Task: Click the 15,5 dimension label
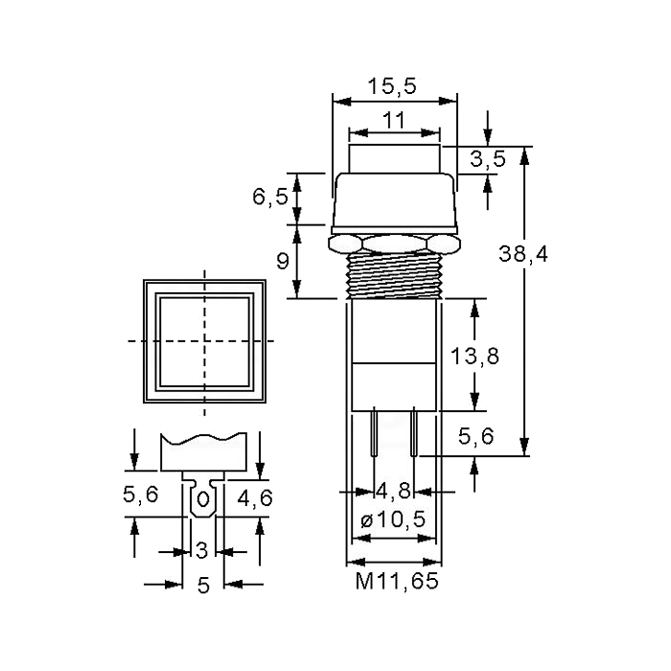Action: point(392,86)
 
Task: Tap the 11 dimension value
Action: point(394,120)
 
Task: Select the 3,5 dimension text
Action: point(488,159)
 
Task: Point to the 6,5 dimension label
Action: point(270,197)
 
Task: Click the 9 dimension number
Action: point(283,261)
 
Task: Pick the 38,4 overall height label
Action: point(523,254)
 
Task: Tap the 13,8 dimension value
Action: point(475,356)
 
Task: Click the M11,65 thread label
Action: point(397,581)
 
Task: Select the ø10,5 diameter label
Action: point(393,520)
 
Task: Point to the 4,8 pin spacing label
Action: point(393,491)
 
